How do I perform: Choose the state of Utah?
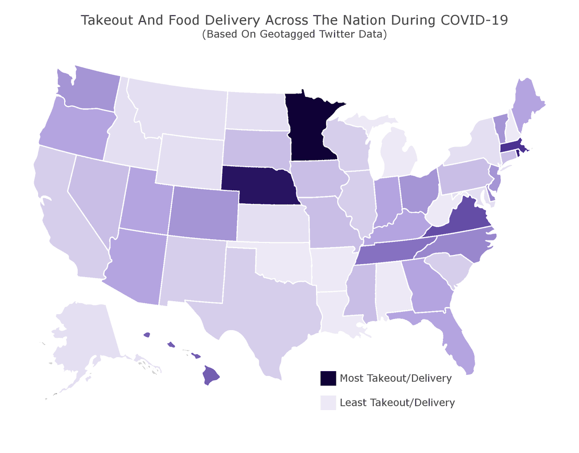[x=145, y=202]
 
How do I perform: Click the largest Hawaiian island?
[x=210, y=375]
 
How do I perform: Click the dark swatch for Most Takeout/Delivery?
[x=328, y=378]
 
